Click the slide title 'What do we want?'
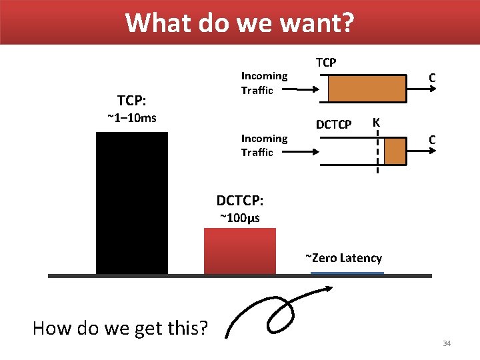pyautogui.click(x=240, y=22)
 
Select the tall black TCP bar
pyautogui.click(x=132, y=203)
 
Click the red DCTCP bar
pyautogui.click(x=239, y=251)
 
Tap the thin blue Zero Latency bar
pyautogui.click(x=347, y=273)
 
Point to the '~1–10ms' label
pyautogui.click(x=132, y=118)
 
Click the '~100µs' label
pyautogui.click(x=239, y=218)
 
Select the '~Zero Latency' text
pyautogui.click(x=343, y=258)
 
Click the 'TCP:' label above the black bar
pyautogui.click(x=132, y=101)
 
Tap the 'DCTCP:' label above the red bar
pyautogui.click(x=239, y=201)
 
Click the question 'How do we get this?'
pyautogui.click(x=120, y=328)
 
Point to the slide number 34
pyautogui.click(x=446, y=343)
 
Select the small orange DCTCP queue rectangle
pyautogui.click(x=395, y=151)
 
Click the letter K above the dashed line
pyautogui.click(x=377, y=123)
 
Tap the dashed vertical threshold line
pyautogui.click(x=377, y=153)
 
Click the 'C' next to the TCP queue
pyautogui.click(x=432, y=79)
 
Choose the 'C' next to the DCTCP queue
pyautogui.click(x=432, y=140)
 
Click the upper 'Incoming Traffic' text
pyautogui.click(x=264, y=83)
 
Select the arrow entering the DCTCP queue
pyautogui.click(x=296, y=151)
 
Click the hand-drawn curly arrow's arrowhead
pyautogui.click(x=329, y=288)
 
